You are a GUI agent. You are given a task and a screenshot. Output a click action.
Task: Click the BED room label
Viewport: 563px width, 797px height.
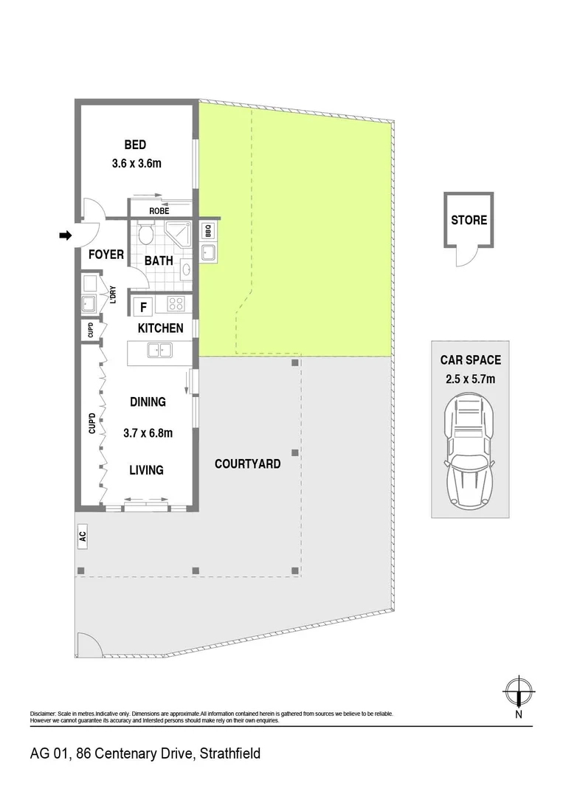135,145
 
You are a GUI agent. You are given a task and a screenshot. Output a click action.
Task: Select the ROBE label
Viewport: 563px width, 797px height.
159,211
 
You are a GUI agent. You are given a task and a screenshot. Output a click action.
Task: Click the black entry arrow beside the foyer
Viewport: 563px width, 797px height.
65,236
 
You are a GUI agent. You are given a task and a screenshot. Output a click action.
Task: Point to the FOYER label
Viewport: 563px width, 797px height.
106,255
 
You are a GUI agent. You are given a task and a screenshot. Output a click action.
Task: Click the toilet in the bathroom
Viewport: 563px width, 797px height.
146,235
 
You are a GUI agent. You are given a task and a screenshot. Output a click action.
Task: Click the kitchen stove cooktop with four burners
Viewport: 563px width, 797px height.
176,303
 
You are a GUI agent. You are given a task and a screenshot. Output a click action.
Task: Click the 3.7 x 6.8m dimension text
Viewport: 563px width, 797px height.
148,433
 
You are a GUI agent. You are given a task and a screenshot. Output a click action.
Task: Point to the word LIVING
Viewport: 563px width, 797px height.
146,470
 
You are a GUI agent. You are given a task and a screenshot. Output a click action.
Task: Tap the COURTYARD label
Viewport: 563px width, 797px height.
247,464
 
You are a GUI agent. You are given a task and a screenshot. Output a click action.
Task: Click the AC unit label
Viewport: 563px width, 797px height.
83,536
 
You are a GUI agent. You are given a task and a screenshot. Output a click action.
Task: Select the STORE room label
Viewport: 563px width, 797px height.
469,220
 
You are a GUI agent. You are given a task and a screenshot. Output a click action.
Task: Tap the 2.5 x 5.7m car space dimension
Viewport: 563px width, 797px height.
471,379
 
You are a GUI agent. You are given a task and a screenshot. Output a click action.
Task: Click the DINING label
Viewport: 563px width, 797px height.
148,402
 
